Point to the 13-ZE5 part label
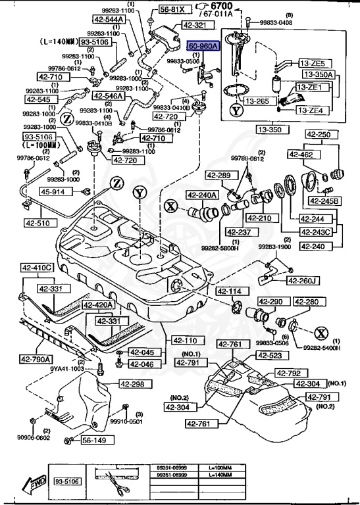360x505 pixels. (312, 63)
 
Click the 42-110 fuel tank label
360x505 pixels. (187, 340)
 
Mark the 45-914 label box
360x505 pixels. (53, 191)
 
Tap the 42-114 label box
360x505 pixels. (230, 291)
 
